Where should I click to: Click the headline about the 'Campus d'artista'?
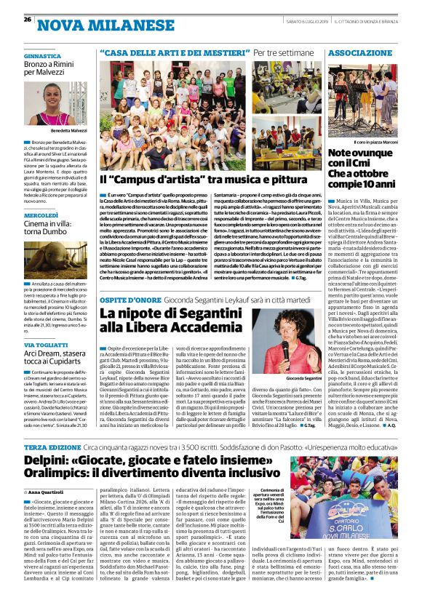[199, 179]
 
